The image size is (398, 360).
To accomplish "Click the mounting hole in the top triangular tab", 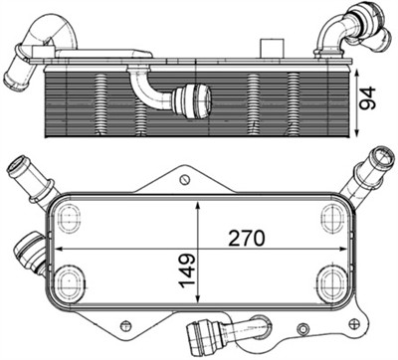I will click(184, 179).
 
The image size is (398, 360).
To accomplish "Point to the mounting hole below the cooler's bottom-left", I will click(123, 324).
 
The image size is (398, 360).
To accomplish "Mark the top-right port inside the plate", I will click(331, 215).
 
